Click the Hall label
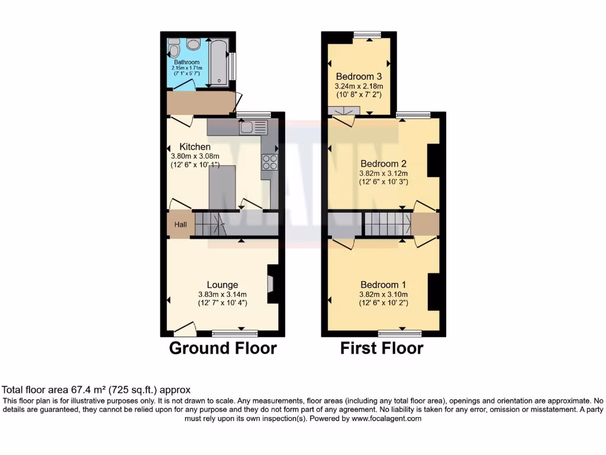pos(180,225)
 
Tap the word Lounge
pos(222,284)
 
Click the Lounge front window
pos(235,332)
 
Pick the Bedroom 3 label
pos(359,76)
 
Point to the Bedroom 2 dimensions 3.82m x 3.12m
pos(383,174)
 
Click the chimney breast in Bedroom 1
pos(433,291)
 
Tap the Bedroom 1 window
pos(400,332)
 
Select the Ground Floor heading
pos(223,348)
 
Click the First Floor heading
pos(382,348)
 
